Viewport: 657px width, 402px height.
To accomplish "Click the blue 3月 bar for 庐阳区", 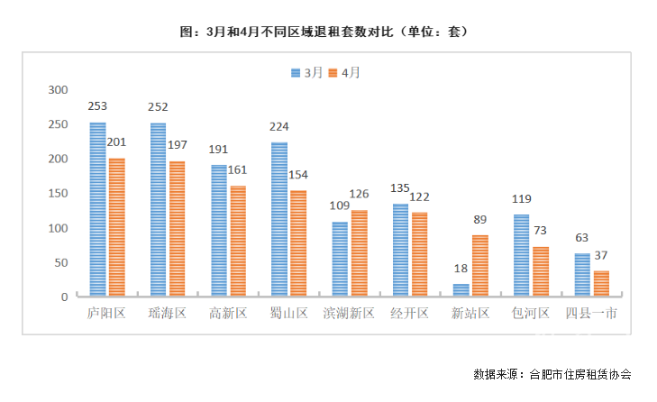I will point(97,209).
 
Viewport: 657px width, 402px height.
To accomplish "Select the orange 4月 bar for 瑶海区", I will point(177,229).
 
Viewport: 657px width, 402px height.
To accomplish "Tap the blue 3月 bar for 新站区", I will point(461,290).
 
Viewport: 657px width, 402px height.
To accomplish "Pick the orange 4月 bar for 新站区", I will point(479,266).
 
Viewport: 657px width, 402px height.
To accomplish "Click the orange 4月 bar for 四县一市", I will point(601,283).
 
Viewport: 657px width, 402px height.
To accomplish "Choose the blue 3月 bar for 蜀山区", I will point(279,219).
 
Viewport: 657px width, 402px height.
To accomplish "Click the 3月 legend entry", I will point(306,72).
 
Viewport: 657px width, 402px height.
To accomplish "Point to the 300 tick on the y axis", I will point(59,90).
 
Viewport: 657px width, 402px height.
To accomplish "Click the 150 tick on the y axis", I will point(59,194).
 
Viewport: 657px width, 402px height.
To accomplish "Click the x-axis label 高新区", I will point(228,314).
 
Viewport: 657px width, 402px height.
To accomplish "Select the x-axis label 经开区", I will point(410,314).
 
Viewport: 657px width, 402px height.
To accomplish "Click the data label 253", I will point(98,107).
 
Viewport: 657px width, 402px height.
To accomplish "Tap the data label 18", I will point(461,269).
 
